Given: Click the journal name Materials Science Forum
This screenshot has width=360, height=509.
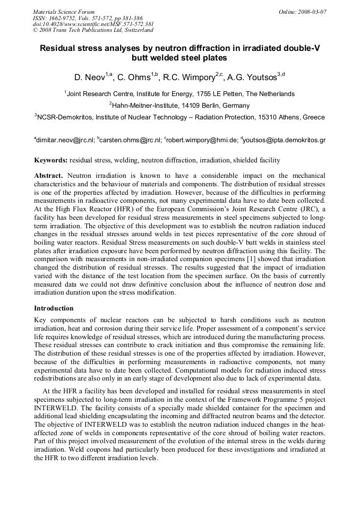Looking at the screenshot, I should (64, 11).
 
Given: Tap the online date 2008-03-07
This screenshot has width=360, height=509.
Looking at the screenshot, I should (310, 11).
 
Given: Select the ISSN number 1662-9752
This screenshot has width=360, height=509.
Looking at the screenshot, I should (61, 18).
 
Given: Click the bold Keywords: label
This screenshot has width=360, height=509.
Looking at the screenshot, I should (51, 160).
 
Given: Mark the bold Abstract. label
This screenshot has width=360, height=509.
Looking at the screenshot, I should (48, 176).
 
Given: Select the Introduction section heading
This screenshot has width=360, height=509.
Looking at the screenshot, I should (54, 308).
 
